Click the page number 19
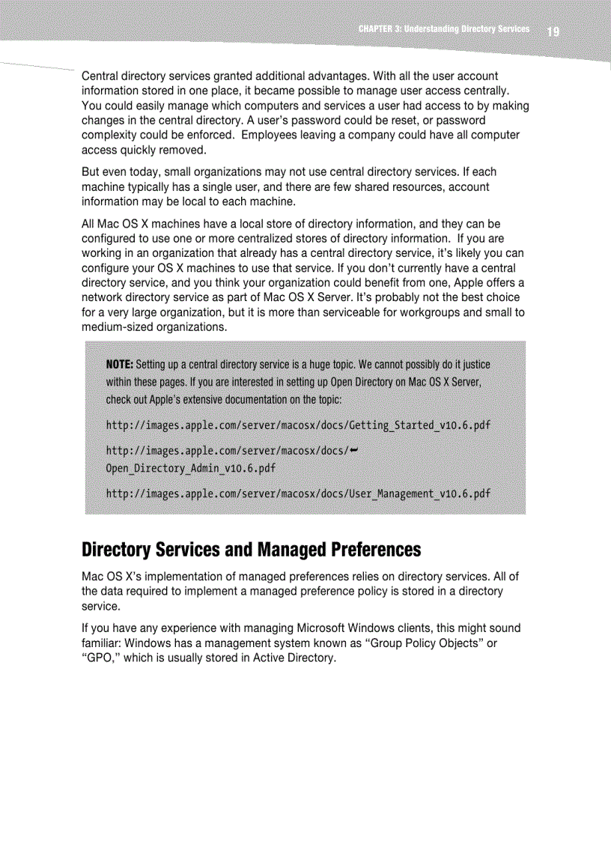click(x=553, y=31)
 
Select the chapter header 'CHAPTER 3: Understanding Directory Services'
click(x=443, y=29)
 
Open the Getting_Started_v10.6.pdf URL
click(x=298, y=425)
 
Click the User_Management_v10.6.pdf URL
click(x=298, y=494)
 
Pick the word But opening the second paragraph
click(x=91, y=172)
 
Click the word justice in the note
click(x=471, y=365)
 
